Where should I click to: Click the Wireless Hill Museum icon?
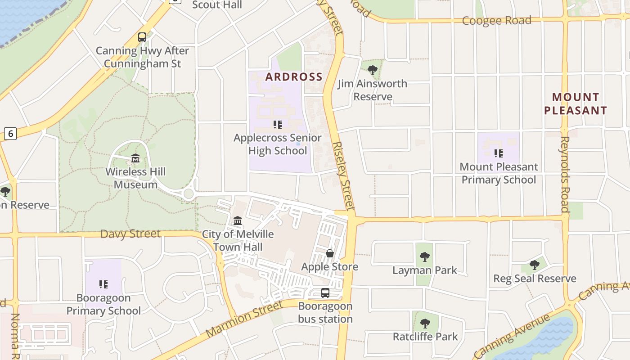pyautogui.click(x=135, y=158)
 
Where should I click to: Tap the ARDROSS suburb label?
pyautogui.click(x=294, y=76)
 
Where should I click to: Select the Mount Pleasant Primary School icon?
pyautogui.click(x=498, y=153)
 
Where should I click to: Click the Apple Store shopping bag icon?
pyautogui.click(x=330, y=253)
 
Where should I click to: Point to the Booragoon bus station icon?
pyautogui.click(x=325, y=293)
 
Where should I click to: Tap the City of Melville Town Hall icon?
pyautogui.click(x=238, y=221)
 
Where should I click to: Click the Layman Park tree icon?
pyautogui.click(x=424, y=257)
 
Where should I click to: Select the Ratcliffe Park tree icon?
pyautogui.click(x=425, y=323)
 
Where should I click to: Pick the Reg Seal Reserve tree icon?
pyautogui.click(x=535, y=265)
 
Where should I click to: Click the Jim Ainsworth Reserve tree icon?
pyautogui.click(x=372, y=70)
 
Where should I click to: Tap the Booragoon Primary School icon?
pyautogui.click(x=103, y=284)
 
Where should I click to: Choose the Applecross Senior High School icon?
pyautogui.click(x=278, y=124)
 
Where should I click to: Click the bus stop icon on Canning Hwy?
pyautogui.click(x=142, y=37)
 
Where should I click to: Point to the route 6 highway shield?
pyautogui.click(x=10, y=133)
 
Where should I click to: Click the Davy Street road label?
pyautogui.click(x=130, y=234)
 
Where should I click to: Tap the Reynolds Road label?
pyautogui.click(x=565, y=174)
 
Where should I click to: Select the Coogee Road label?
pyautogui.click(x=497, y=20)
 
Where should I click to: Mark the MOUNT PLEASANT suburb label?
pyautogui.click(x=576, y=103)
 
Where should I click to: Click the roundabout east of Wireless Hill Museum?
pyautogui.click(x=189, y=194)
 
